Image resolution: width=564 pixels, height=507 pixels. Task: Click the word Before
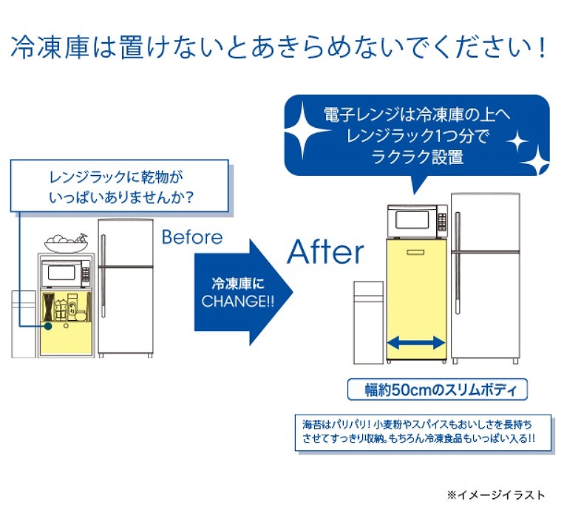191,237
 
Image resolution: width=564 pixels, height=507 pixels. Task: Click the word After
325,252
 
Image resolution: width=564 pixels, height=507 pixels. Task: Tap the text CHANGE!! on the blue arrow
232,302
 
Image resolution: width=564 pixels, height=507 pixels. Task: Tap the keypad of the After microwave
442,220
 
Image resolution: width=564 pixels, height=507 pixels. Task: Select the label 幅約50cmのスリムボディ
438,389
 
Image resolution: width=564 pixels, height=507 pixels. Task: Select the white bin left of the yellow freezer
367,321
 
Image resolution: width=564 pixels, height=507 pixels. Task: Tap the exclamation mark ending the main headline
542,48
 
